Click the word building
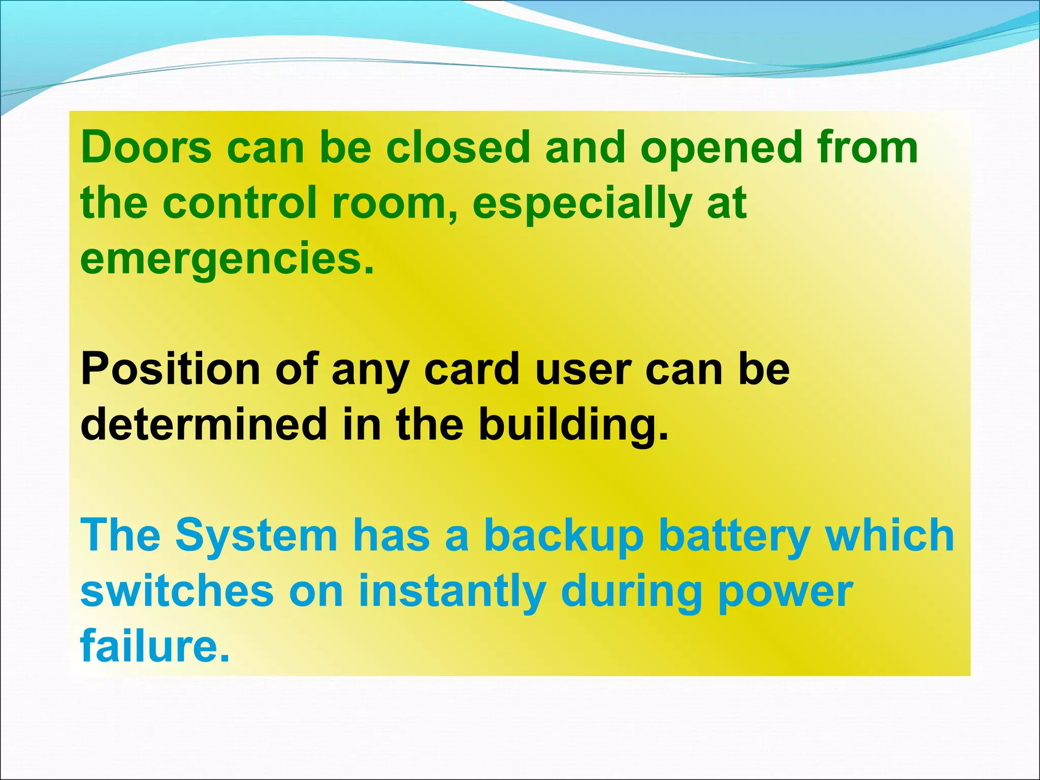[574, 426]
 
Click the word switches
[177, 591]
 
